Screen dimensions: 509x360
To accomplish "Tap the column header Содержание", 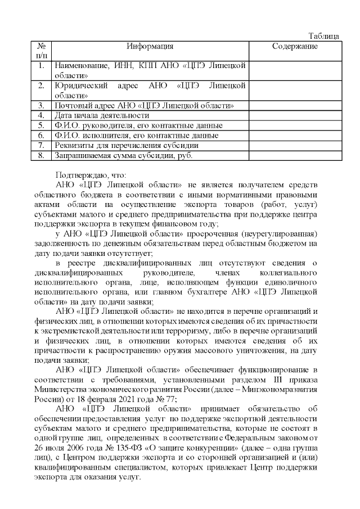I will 295,46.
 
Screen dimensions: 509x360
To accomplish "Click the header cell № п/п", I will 41,51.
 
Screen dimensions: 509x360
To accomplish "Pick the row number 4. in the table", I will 41,115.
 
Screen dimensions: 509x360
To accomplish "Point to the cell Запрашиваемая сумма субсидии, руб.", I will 123,155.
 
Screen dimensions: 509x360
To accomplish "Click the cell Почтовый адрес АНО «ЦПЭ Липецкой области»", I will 143,105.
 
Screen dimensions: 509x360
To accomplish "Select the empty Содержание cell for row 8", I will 295,155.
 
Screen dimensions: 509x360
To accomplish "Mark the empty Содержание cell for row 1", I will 295,70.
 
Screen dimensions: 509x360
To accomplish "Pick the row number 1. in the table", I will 41,66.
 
